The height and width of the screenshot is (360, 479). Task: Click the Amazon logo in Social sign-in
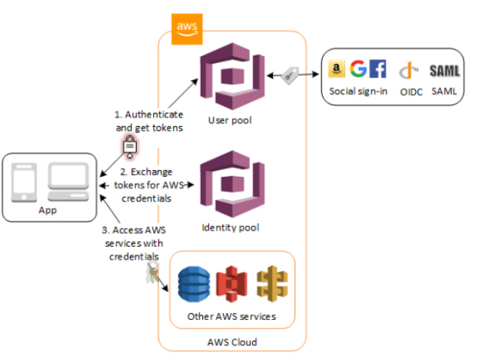pyautogui.click(x=334, y=70)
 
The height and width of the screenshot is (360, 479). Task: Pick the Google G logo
pyautogui.click(x=358, y=69)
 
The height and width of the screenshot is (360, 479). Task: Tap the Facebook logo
pyautogui.click(x=378, y=69)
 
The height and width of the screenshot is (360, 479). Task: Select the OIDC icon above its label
pyautogui.click(x=409, y=70)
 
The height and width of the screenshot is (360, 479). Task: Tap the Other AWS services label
pyautogui.click(x=231, y=316)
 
